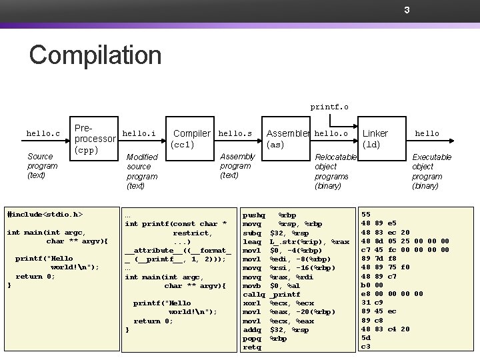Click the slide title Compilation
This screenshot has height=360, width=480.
coord(95,55)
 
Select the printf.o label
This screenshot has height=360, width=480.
coord(329,106)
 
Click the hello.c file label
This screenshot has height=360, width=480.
coord(43,133)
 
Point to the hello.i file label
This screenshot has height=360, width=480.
coord(139,133)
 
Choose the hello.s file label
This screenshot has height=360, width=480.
coord(235,133)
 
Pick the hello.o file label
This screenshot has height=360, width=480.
coord(331,133)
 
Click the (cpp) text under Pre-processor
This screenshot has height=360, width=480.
coord(87,151)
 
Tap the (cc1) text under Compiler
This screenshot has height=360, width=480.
coord(183,145)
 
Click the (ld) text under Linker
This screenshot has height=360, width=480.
coord(371,145)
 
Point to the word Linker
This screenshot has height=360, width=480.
coord(375,133)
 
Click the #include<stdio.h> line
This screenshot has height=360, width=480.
coord(44,215)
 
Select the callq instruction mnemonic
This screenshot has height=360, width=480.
coord(253,294)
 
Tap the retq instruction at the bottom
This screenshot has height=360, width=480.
coord(251,347)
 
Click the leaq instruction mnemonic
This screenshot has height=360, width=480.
coord(251,241)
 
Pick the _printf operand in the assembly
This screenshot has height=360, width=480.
coord(285,294)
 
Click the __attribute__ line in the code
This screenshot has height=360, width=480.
coord(178,250)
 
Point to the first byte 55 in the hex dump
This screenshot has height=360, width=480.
coord(365,215)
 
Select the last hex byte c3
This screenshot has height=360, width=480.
coord(365,347)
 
